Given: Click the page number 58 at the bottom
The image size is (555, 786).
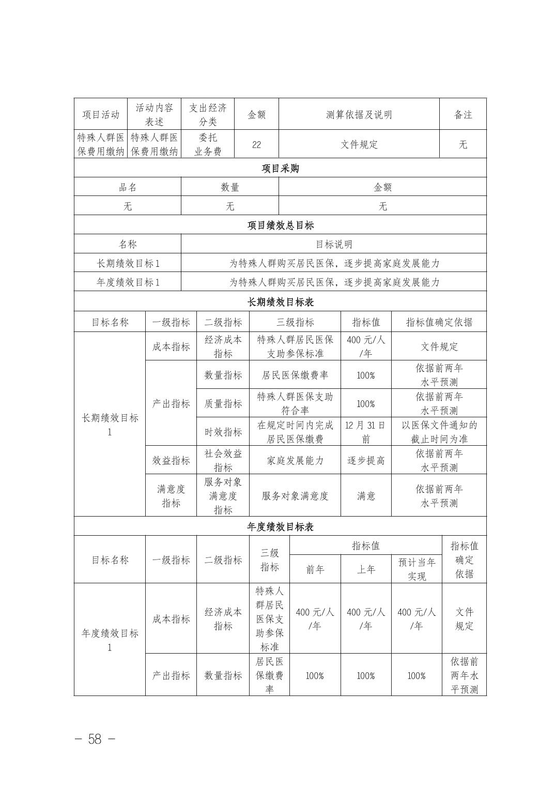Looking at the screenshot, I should pos(95,739).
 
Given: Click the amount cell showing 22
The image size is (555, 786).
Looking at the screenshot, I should pos(256,145).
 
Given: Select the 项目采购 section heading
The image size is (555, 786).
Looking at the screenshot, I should pos(280,169).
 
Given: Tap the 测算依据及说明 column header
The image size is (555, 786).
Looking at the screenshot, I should pos(359,115).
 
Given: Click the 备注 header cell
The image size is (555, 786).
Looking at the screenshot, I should pos(463,115).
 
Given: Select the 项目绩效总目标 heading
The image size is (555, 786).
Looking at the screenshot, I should pos(280,225).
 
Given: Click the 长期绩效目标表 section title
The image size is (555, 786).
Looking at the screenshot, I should pos(280,301).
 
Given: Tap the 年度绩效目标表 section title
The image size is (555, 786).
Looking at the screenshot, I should pos(280,527).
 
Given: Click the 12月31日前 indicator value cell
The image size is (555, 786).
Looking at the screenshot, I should pos(365,432).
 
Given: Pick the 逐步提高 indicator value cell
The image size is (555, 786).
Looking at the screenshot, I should pos(365,460).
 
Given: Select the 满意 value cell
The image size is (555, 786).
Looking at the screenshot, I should pos(365,496).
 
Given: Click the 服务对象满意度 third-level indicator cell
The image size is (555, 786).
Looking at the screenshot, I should pos(295,496).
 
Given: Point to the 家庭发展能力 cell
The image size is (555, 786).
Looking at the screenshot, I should pos(295,460).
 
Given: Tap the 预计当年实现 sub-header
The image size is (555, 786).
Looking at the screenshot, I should pos(417,569).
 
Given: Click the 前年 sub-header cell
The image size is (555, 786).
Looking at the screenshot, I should pos(315,569).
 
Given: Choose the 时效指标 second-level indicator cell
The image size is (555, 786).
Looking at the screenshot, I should pos(223,432).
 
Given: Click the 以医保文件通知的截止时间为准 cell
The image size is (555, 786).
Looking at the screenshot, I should pos(439,432).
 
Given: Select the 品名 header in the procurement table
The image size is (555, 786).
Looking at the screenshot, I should pos(128,187).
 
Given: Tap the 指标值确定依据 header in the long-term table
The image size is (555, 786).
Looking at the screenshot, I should pos(439,322).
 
